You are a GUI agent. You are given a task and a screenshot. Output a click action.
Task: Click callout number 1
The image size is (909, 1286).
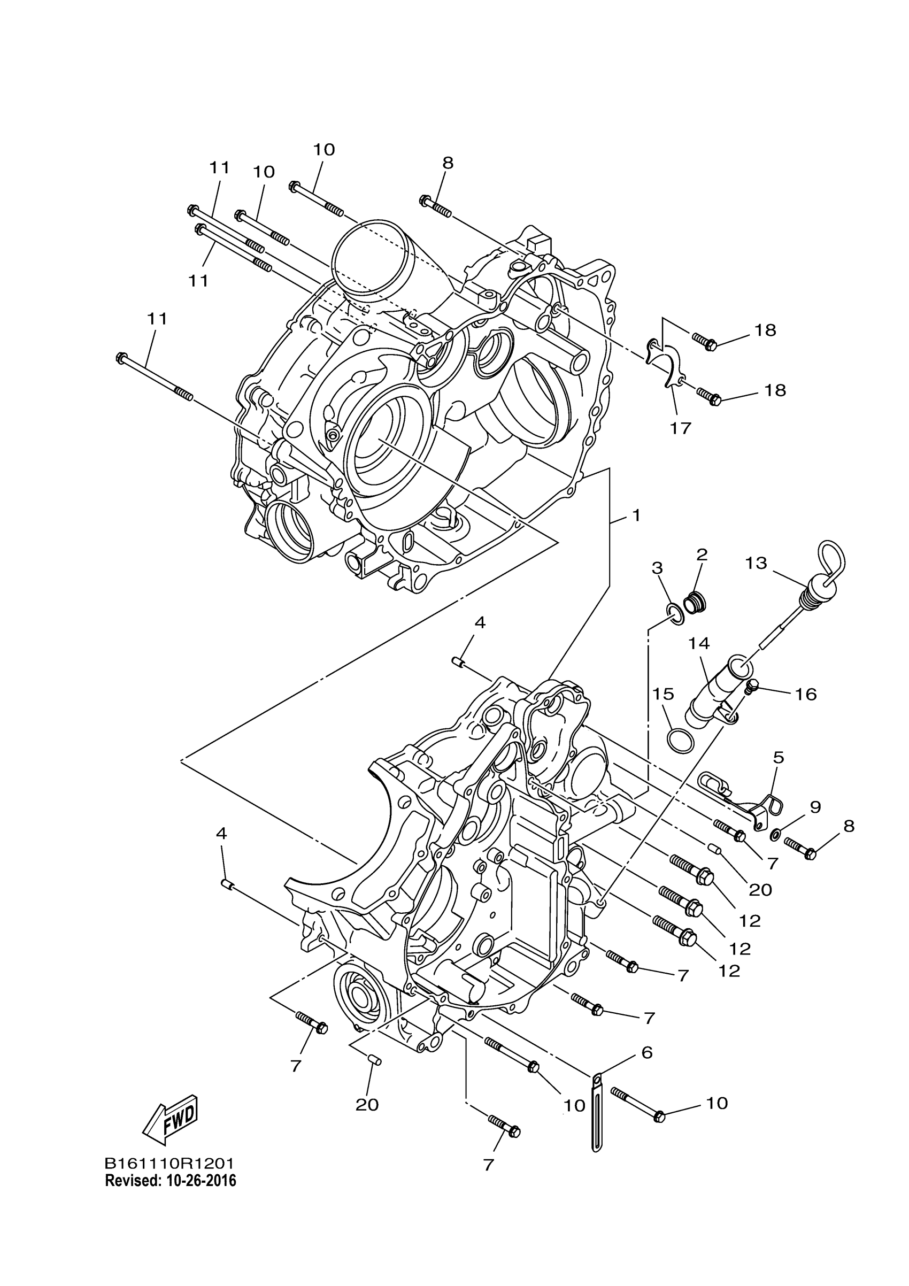[x=636, y=515]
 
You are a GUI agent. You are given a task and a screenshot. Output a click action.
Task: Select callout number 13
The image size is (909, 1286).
[x=756, y=563]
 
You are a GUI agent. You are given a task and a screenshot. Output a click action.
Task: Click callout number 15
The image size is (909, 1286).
[x=663, y=694]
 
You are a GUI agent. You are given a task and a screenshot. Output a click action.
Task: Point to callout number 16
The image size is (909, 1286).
[x=806, y=695]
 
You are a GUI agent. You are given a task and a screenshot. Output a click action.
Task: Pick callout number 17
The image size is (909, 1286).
[x=681, y=428]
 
